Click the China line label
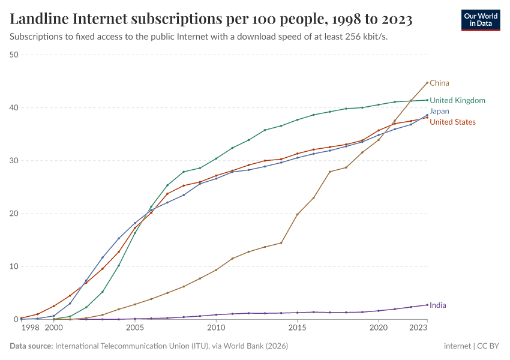439,83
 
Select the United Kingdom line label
457,100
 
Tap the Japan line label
439,111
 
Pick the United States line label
452,122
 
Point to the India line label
437,305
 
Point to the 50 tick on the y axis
14,55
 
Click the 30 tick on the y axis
14,161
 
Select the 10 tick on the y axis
14,266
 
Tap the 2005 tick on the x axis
135,328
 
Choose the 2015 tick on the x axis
297,328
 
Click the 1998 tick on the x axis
30,328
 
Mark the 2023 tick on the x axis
418,328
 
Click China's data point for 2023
427,83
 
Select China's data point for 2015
297,214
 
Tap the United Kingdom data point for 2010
216,158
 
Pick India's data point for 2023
427,305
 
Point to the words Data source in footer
31,346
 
